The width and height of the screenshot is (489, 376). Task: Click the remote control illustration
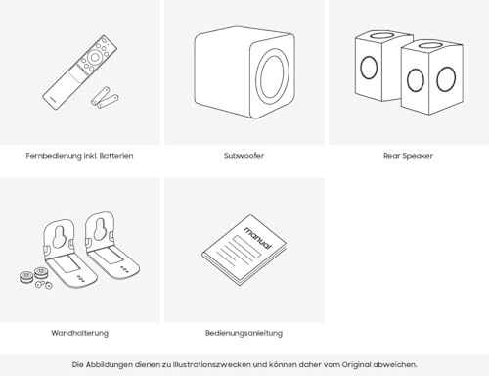click(x=79, y=72)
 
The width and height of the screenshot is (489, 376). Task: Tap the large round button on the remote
click(x=95, y=58)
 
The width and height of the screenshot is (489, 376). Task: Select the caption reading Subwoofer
click(x=244, y=156)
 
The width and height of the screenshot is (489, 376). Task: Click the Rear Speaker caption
click(x=408, y=156)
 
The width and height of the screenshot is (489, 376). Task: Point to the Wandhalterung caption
click(x=80, y=333)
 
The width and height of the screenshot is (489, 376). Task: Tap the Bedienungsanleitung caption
click(x=244, y=333)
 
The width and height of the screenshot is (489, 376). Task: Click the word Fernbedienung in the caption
click(x=54, y=156)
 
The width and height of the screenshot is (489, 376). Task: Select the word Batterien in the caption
click(x=116, y=156)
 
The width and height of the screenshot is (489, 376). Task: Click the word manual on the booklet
click(x=257, y=237)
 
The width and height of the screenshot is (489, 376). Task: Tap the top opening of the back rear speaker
click(x=382, y=35)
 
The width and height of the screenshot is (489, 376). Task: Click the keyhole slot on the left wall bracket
click(x=60, y=236)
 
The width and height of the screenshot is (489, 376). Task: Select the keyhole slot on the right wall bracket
click(x=99, y=229)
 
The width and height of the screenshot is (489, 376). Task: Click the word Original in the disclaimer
click(x=356, y=364)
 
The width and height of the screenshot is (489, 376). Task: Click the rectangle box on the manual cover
click(x=246, y=247)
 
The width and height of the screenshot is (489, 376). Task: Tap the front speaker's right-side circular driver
click(x=446, y=79)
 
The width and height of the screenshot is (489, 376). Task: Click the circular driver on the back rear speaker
click(x=369, y=68)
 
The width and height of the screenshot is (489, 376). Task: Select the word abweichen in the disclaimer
click(x=394, y=364)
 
